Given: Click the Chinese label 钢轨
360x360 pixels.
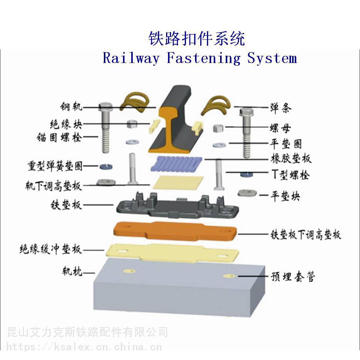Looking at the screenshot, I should point(71,107).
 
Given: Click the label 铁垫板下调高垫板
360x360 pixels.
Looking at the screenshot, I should point(306,235).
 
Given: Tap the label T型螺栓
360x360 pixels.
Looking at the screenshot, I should point(290,174).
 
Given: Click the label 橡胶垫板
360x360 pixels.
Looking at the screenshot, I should point(291,159).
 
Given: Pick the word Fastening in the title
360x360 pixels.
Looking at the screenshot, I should point(203,58).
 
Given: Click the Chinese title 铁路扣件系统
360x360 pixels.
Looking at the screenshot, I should point(197,39).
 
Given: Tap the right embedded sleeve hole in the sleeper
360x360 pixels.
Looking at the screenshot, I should point(229,276).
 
